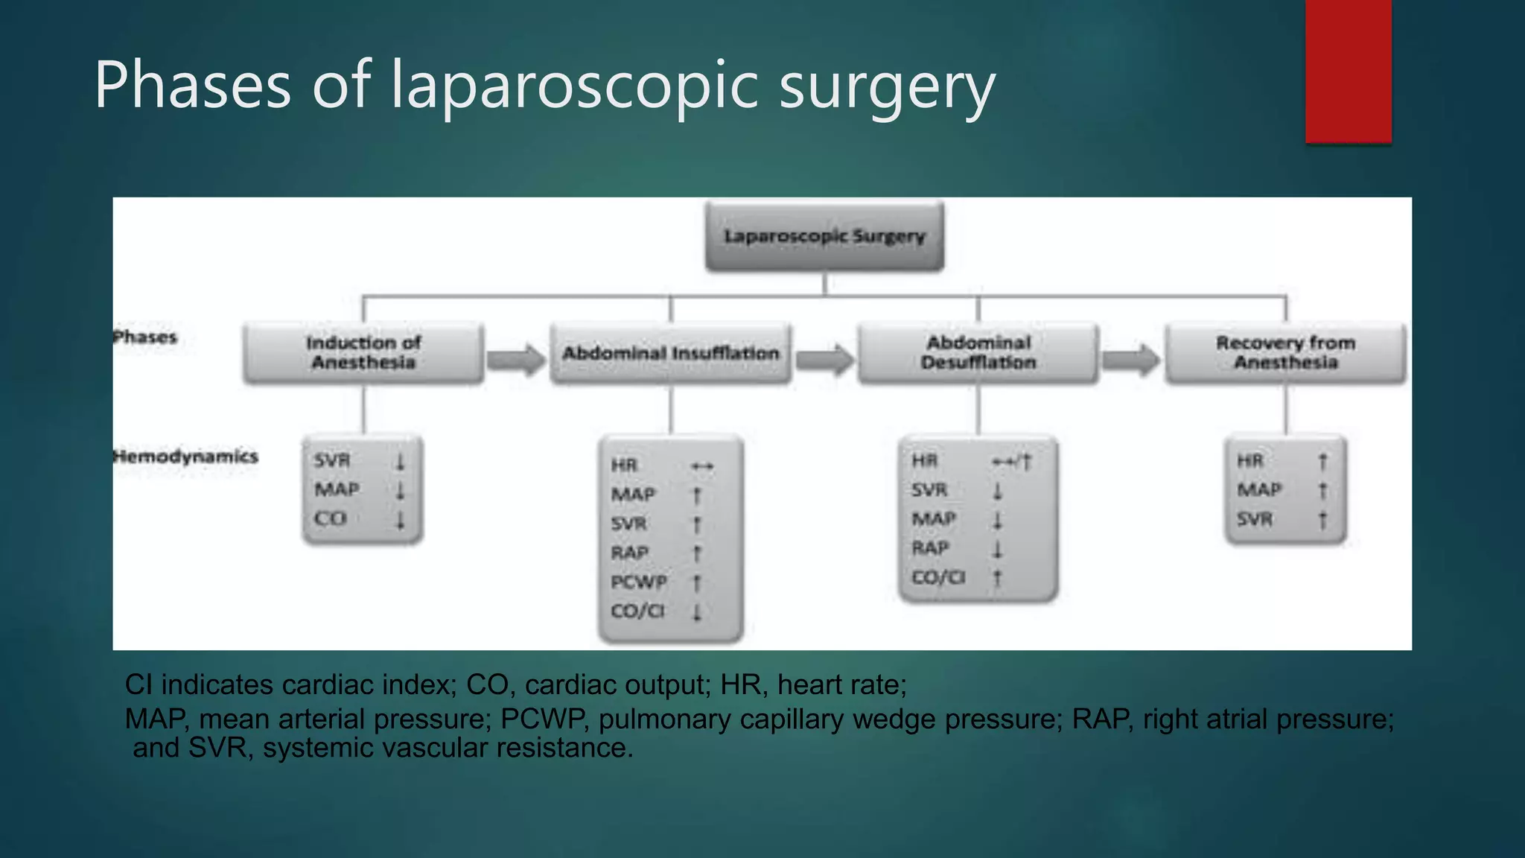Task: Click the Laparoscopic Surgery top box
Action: [x=824, y=236]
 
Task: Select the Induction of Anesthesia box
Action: [x=363, y=353]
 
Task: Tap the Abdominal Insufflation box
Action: [x=670, y=353]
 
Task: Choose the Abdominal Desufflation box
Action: [x=978, y=353]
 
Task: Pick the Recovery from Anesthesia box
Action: [x=1285, y=353]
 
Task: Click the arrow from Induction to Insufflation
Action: [x=517, y=360]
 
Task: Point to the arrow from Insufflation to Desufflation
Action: [x=824, y=360]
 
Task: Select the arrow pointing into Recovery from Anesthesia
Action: [x=1131, y=360]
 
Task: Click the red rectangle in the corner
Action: [x=1348, y=71]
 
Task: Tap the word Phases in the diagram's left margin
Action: [x=145, y=337]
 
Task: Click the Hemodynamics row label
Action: [x=186, y=456]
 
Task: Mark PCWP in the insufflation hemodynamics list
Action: [x=638, y=582]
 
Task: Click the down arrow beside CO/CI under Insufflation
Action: [x=697, y=612]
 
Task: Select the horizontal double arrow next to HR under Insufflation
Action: [x=701, y=466]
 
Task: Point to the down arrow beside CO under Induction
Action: [x=400, y=519]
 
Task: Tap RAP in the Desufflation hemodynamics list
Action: [x=930, y=548]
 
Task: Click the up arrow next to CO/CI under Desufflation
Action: [x=997, y=577]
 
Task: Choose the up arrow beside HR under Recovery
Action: [x=1322, y=462]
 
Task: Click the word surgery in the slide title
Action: [x=887, y=86]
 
